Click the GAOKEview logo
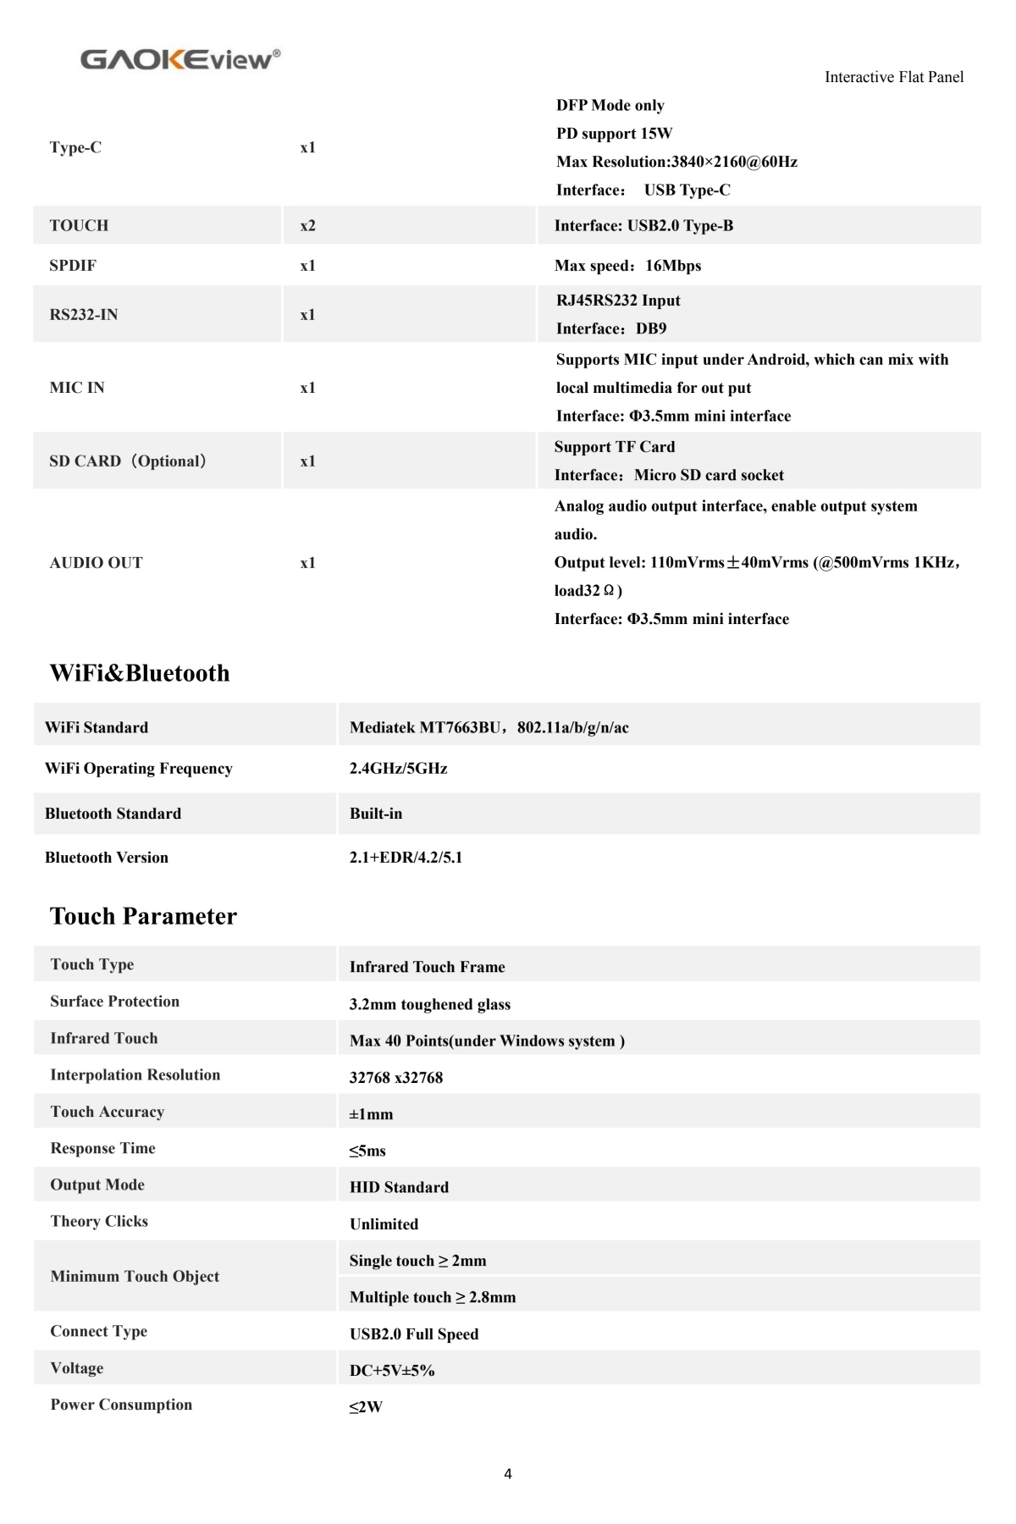pyautogui.click(x=179, y=59)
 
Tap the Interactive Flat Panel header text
pyautogui.click(x=893, y=77)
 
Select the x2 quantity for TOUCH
pyautogui.click(x=307, y=225)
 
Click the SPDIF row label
pyautogui.click(x=73, y=265)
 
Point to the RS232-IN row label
pyautogui.click(x=83, y=314)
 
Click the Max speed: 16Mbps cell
pyautogui.click(x=627, y=266)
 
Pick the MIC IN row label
pyautogui.click(x=77, y=388)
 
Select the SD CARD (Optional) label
pyautogui.click(x=128, y=461)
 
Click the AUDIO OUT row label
pyautogui.click(x=96, y=563)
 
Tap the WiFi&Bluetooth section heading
pyautogui.click(x=140, y=673)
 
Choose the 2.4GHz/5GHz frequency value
pyautogui.click(x=398, y=769)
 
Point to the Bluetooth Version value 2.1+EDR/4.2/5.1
pyautogui.click(x=406, y=858)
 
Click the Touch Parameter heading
pyautogui.click(x=143, y=916)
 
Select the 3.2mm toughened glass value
pyautogui.click(x=429, y=1004)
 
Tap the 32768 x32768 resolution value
pyautogui.click(x=395, y=1078)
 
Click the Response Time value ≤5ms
pyautogui.click(x=367, y=1151)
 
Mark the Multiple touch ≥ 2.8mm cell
pyautogui.click(x=432, y=1297)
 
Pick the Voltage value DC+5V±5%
pyautogui.click(x=391, y=1371)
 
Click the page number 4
pyautogui.click(x=507, y=1474)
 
